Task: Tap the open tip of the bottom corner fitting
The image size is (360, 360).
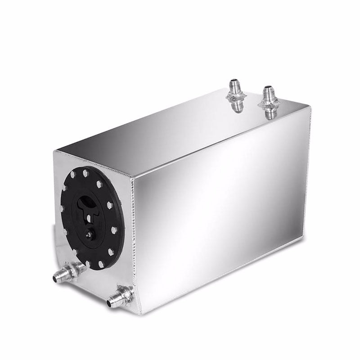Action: [108, 305]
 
